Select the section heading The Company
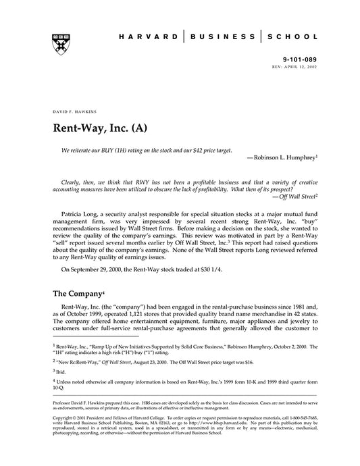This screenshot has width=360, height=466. point(77,294)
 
